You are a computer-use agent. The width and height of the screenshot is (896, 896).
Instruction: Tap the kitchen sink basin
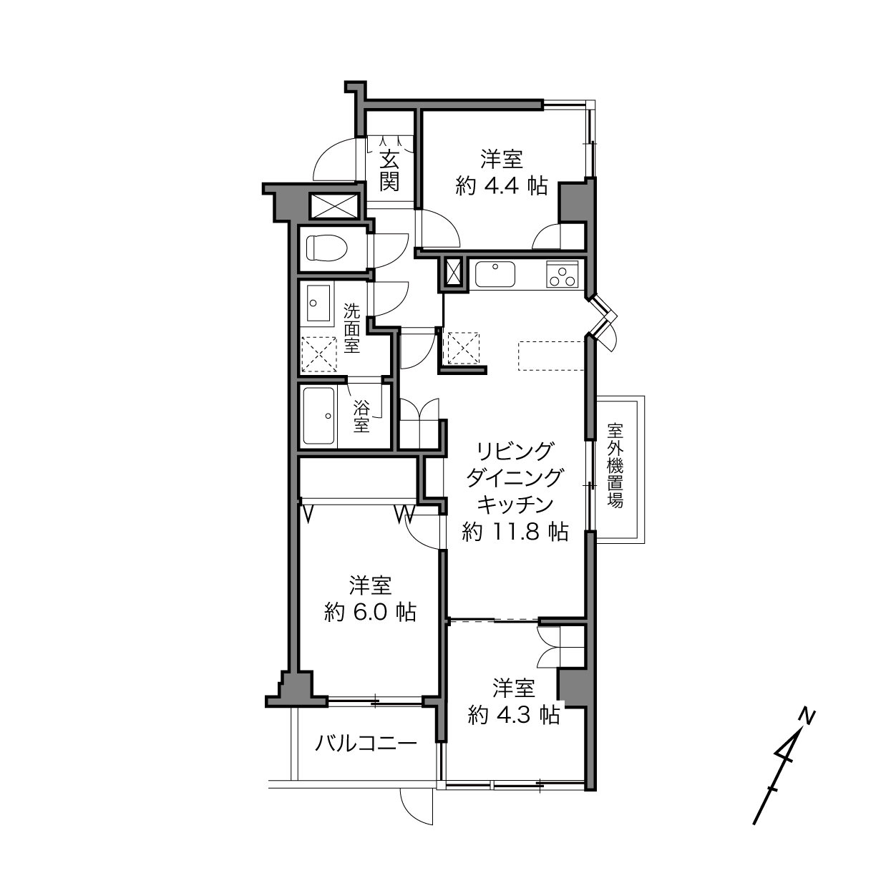click(x=495, y=274)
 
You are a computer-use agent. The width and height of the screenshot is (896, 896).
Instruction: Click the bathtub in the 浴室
click(x=319, y=416)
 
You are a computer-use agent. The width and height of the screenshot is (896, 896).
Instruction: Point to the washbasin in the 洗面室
click(x=318, y=303)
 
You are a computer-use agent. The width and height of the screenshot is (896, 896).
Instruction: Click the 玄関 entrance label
click(x=389, y=172)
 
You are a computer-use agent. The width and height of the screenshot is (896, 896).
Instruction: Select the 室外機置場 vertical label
click(x=615, y=465)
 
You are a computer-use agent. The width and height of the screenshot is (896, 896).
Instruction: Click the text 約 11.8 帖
click(x=515, y=532)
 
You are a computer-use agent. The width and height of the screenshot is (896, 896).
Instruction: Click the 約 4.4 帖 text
click(x=501, y=186)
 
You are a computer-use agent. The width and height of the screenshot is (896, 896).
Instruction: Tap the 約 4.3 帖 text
click(x=514, y=715)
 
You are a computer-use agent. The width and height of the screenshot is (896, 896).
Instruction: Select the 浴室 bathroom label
click(x=361, y=416)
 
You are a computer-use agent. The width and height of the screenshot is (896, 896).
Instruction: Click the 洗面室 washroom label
click(x=352, y=328)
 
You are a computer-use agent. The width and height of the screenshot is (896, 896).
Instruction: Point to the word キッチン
click(x=515, y=504)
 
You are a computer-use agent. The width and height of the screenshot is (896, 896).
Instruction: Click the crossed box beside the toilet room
click(x=334, y=206)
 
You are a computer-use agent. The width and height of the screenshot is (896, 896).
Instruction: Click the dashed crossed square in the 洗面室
click(x=319, y=354)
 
